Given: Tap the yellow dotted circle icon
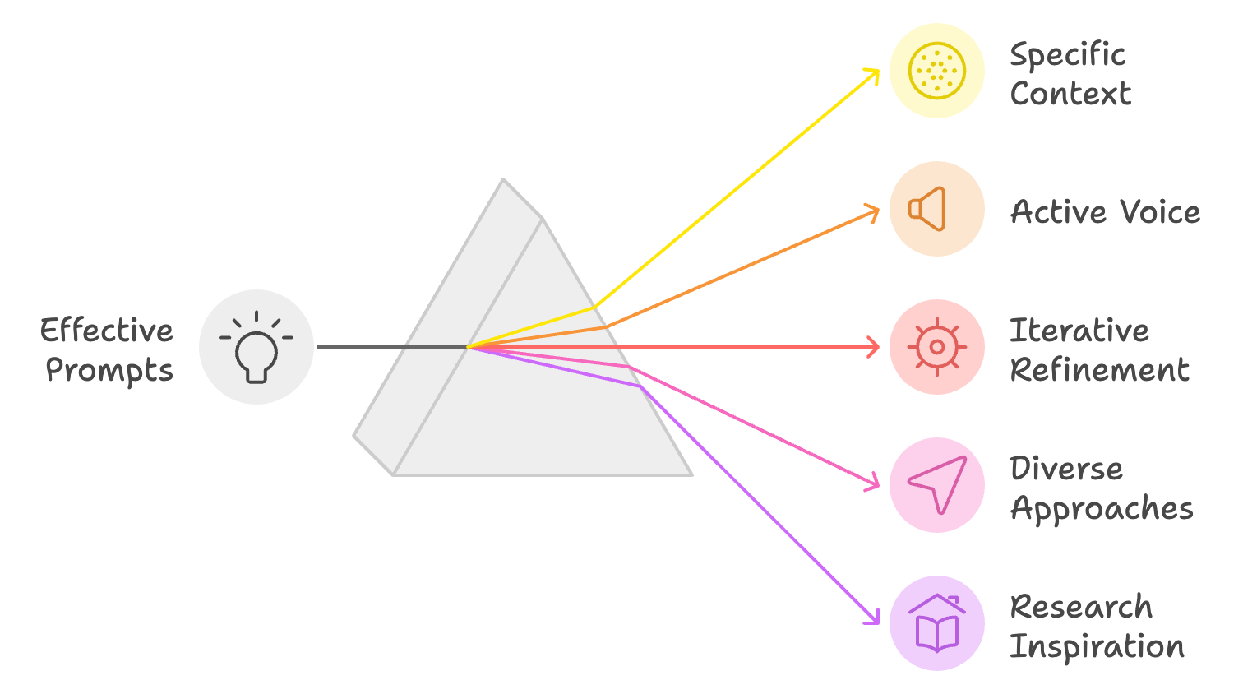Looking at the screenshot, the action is pos(936,71).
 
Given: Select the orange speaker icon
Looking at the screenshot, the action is pos(926,209).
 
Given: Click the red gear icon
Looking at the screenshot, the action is pos(936,347).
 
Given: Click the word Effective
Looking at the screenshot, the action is pos(107,330).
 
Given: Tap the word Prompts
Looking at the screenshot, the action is pos(109,370).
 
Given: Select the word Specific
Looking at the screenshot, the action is pos(1068,55).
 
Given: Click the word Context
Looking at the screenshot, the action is pos(1070,93).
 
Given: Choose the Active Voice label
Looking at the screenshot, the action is pos(1106,211).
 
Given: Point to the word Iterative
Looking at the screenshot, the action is pos(1079,331).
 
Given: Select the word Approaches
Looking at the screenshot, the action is pos(1102,508).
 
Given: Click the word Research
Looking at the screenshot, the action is pos(1081,606).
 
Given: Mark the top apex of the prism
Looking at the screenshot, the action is pos(503,178).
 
